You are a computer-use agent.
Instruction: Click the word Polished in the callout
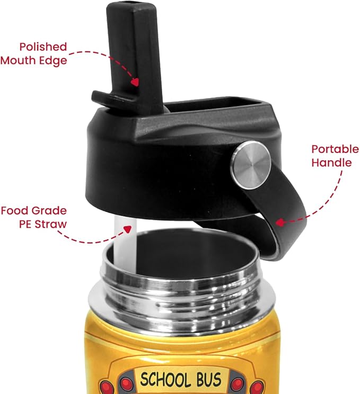tap(43, 47)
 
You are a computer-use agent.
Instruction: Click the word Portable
tap(335, 149)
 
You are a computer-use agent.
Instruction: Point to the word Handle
tap(331, 163)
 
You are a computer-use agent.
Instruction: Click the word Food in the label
tap(15, 211)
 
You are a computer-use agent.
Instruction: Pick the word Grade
tap(49, 211)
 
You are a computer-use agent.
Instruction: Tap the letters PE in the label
tap(25, 224)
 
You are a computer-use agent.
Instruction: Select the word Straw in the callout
tap(51, 224)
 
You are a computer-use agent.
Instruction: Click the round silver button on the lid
tap(251, 165)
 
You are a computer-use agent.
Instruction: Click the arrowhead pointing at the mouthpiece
tap(136, 82)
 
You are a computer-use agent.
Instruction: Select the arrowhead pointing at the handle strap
tap(279, 222)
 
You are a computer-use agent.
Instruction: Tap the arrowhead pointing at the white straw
tap(128, 229)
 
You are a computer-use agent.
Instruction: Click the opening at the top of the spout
tap(131, 4)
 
